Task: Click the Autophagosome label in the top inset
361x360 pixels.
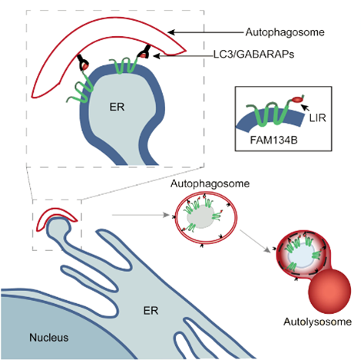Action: [285, 32]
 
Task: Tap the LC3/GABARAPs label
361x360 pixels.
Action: [254, 54]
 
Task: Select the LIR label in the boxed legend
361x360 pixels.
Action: [317, 118]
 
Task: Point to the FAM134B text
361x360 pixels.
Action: [273, 140]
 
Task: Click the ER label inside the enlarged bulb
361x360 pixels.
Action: [117, 107]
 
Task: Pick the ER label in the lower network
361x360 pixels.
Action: [151, 311]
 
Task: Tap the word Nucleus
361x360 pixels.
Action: [49, 338]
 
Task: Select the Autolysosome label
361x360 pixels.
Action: [317, 322]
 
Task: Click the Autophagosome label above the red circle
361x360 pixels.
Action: [210, 183]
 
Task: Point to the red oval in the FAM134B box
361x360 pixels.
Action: [297, 99]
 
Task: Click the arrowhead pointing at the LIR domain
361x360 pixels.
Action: [304, 107]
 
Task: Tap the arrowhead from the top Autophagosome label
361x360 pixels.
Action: [171, 32]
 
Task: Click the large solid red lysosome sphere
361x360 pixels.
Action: [330, 291]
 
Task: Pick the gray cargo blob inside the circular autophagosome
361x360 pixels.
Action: [200, 216]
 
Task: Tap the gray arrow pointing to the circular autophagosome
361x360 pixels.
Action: [141, 215]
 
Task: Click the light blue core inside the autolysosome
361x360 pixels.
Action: [302, 256]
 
